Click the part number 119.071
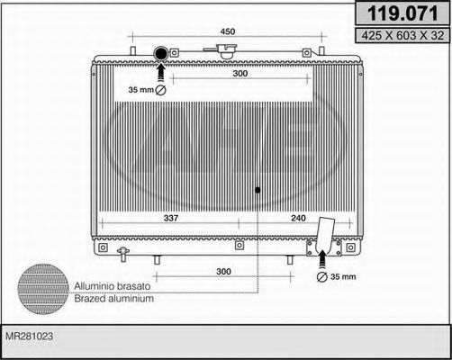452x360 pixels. (x=397, y=13)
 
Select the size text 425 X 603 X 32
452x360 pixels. (x=397, y=37)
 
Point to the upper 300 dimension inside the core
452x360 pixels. (x=239, y=74)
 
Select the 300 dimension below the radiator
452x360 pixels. (x=223, y=271)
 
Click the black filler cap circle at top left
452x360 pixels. (x=162, y=54)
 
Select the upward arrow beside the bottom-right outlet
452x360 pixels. (x=323, y=258)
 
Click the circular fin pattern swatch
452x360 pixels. (x=44, y=287)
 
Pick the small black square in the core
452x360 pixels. (x=258, y=190)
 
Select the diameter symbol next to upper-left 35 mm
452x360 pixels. (x=161, y=91)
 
